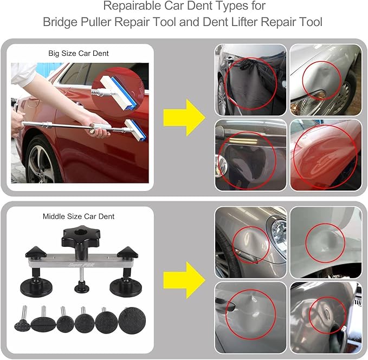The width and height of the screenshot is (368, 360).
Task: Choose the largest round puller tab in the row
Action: [x=128, y=319]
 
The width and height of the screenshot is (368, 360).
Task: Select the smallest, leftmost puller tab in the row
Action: [x=22, y=326]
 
